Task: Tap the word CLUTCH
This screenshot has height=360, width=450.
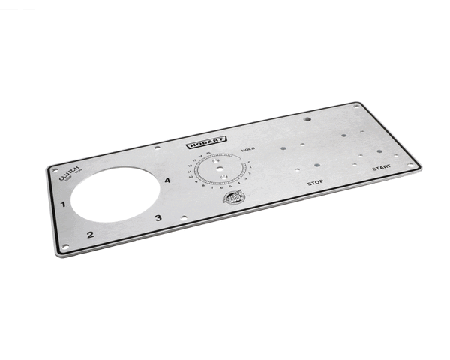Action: (68, 174)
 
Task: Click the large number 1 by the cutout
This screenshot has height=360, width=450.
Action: (64, 203)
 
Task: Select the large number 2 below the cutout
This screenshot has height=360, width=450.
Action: (90, 235)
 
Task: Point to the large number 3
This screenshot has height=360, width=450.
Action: (157, 218)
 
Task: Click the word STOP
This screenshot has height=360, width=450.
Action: (315, 182)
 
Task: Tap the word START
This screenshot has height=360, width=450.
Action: (381, 168)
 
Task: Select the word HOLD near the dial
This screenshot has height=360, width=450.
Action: (248, 150)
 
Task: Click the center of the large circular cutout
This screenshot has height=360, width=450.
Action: (116, 193)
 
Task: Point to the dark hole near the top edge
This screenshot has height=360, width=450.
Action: (307, 118)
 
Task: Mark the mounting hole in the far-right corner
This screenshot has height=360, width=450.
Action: (411, 164)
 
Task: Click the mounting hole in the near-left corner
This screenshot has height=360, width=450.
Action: (65, 246)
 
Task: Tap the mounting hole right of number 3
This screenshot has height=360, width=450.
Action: (184, 218)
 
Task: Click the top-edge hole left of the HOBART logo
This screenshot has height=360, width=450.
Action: (156, 147)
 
